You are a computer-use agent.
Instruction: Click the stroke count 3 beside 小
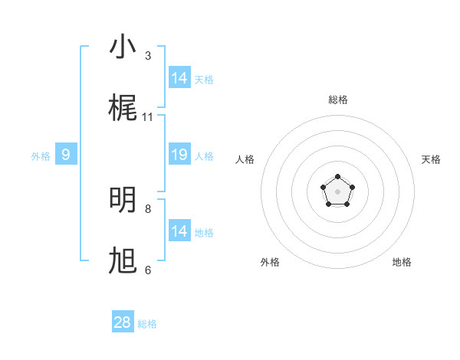coord(148,56)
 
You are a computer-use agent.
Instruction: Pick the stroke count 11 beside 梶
coord(148,117)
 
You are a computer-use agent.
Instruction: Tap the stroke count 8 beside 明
coord(148,208)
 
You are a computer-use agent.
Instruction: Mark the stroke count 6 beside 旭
coord(148,270)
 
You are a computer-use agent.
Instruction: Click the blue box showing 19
coord(179,155)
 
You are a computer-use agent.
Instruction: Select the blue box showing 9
coord(66,155)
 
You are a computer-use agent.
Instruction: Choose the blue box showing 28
coord(123,322)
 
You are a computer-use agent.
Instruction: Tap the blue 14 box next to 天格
coord(179,78)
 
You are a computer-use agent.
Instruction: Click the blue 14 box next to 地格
coord(179,231)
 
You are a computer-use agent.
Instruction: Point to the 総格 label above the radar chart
coord(338,100)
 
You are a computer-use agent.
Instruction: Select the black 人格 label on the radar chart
coord(245,159)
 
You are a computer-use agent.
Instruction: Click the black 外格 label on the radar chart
coord(270,262)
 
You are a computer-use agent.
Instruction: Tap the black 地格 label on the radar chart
coord(402,262)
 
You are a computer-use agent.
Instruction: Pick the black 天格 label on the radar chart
coord(431,159)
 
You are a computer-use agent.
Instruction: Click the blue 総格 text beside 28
coord(147,324)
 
